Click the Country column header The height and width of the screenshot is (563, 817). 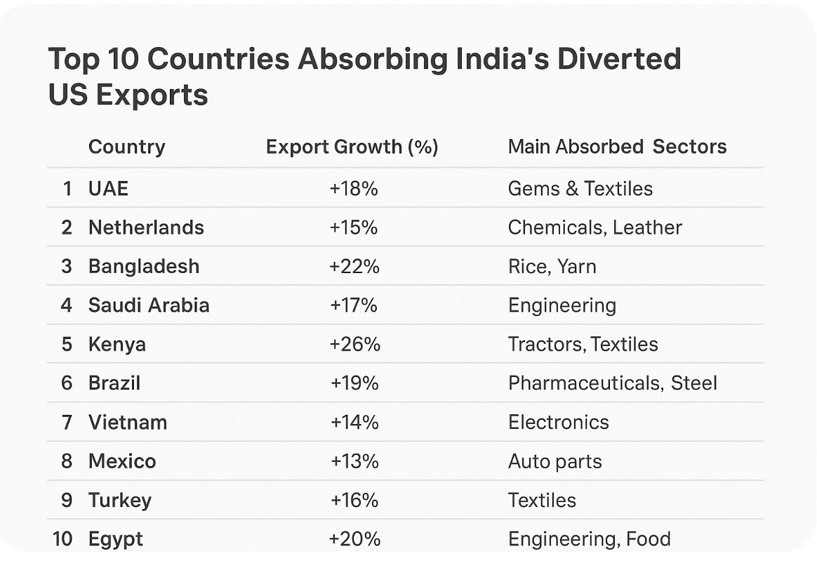pos(126,147)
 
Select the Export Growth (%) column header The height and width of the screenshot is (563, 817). pos(352,147)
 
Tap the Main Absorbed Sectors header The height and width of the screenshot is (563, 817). pos(617,147)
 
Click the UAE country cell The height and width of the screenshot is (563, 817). pos(108,188)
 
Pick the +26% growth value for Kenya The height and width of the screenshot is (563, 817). pos(354,344)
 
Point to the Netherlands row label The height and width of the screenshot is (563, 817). pos(146,227)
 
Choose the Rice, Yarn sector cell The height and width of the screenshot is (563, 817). pos(552,267)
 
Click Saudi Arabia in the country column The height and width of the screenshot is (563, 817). pos(149,305)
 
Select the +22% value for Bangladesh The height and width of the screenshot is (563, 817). pos(354,267)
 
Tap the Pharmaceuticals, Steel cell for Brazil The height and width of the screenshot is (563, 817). pos(612,383)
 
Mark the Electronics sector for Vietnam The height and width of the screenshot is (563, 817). pos(558,422)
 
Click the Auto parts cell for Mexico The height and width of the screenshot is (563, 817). pos(554,461)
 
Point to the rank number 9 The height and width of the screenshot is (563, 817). pos(67,501)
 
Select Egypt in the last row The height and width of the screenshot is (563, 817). pos(115,539)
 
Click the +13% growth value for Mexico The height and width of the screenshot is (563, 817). pos(354,461)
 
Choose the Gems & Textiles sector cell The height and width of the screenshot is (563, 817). pos(580,188)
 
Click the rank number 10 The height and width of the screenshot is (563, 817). pos(62,539)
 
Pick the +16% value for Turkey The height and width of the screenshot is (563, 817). pos(354,501)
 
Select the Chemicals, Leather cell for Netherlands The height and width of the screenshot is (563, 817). pos(595,227)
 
